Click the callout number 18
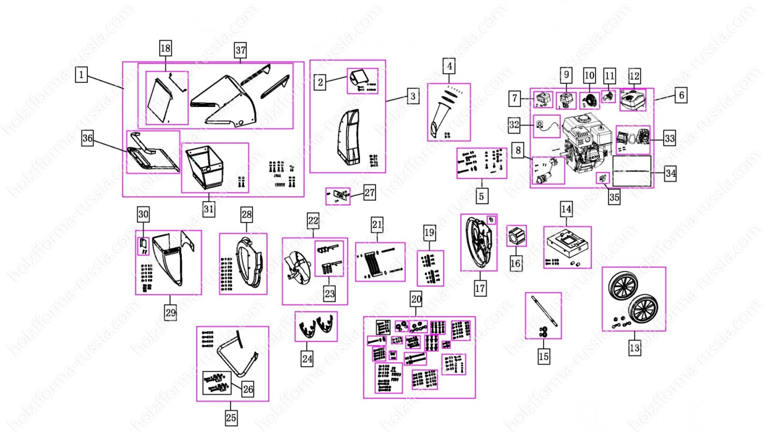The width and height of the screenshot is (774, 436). (165, 48)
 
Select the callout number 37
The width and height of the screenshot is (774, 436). (240, 50)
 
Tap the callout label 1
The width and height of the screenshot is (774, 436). (81, 75)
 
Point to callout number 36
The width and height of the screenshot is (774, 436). (87, 138)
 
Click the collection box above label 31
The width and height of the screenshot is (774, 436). (205, 166)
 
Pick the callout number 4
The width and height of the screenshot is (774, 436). (449, 66)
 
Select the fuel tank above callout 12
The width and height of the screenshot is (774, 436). (633, 100)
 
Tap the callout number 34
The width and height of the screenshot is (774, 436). (670, 174)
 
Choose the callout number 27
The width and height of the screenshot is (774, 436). (369, 193)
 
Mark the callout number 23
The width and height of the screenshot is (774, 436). (329, 294)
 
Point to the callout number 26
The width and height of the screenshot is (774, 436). (248, 389)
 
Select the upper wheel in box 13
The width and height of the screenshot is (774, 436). (623, 286)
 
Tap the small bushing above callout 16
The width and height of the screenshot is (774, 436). (516, 236)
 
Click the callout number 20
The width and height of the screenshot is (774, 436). (416, 299)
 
